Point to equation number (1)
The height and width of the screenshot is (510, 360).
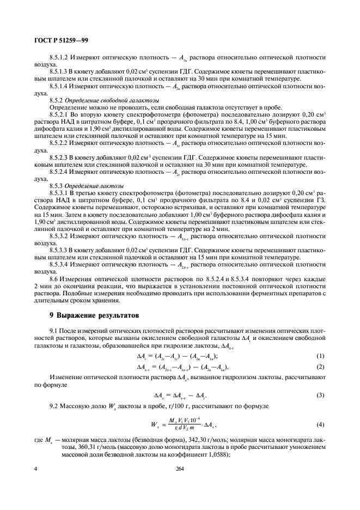[320, 356]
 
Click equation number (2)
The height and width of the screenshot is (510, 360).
[320, 367]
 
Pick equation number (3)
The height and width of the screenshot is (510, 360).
[320, 394]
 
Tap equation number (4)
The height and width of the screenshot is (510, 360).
[320, 424]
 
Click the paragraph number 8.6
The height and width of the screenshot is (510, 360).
[54, 278]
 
